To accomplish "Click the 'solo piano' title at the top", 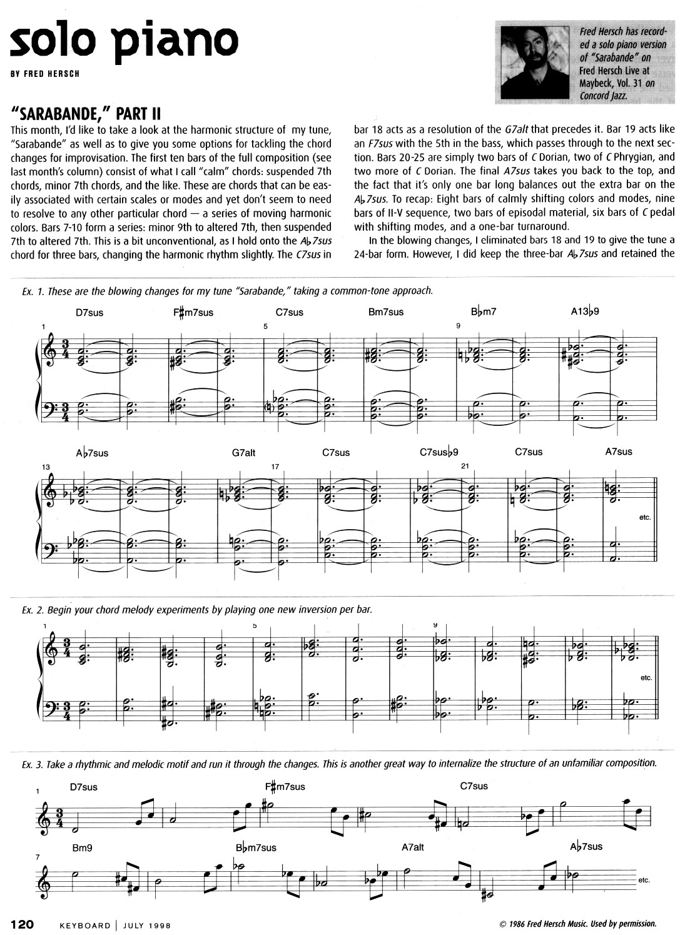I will (124, 39).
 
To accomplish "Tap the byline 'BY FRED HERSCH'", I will (44, 73).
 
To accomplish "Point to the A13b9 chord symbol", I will (585, 311).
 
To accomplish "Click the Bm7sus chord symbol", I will (385, 312).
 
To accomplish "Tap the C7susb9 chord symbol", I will (439, 452).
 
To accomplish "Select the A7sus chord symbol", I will (618, 452).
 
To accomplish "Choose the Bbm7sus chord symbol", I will (256, 848).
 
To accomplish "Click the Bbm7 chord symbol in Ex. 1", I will (484, 311).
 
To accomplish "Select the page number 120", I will (26, 924).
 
